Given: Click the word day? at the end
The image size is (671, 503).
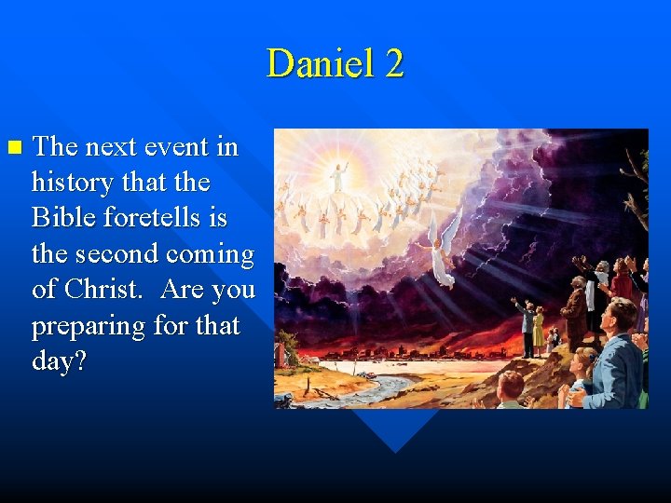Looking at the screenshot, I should pos(59,361).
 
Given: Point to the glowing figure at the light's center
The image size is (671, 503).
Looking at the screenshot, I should pos(338,174).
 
